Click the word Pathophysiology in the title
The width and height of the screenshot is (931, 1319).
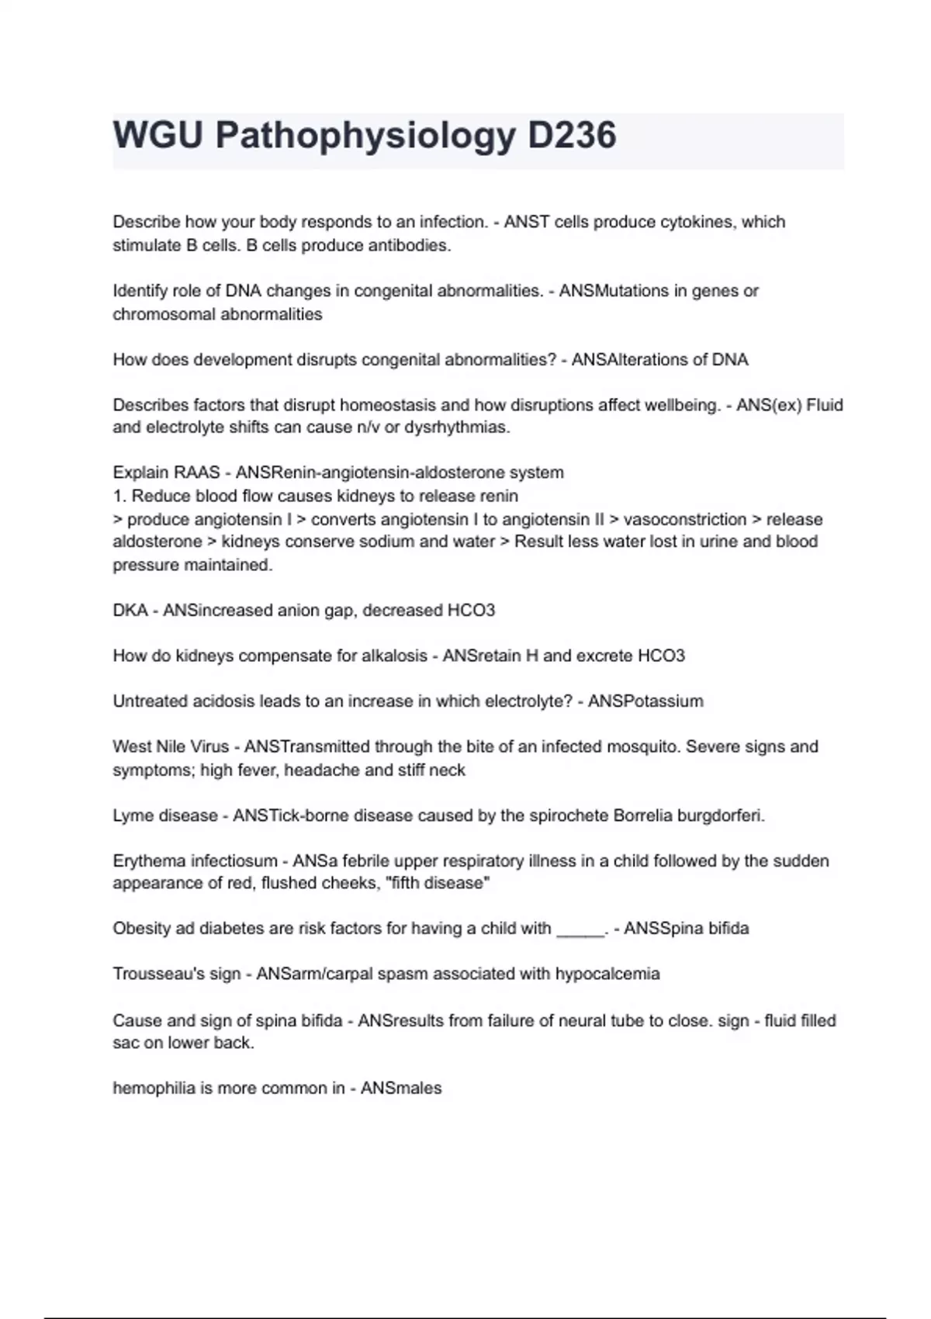365,136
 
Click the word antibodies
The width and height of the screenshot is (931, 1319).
410,245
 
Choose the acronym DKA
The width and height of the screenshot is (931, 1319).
130,611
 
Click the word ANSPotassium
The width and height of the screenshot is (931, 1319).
645,701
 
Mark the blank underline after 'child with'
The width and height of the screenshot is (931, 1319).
580,930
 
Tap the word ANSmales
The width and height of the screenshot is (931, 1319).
400,1089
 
